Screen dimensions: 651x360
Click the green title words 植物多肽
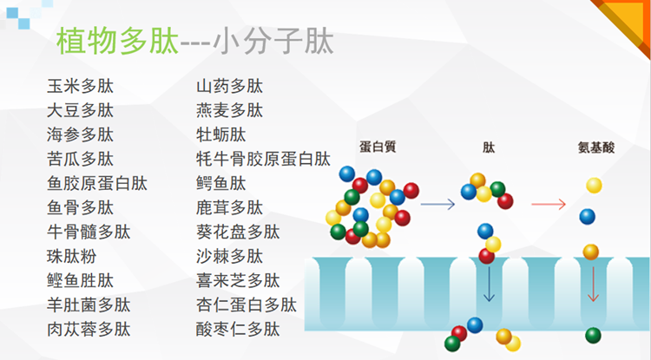click(x=117, y=41)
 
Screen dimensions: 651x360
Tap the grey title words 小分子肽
click(x=273, y=41)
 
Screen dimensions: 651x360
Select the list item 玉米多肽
click(x=80, y=86)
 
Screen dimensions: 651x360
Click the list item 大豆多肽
click(x=80, y=111)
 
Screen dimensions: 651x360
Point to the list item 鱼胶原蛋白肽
click(x=97, y=183)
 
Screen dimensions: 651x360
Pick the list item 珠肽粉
click(x=72, y=256)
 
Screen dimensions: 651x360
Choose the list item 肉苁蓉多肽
click(x=89, y=330)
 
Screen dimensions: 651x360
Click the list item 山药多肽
click(x=230, y=86)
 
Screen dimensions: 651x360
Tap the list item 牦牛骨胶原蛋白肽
click(x=263, y=160)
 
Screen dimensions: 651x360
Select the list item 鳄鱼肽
click(x=221, y=183)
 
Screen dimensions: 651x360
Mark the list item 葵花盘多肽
click(x=238, y=232)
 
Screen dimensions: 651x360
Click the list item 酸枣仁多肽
click(x=238, y=330)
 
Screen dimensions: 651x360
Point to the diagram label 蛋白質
click(x=378, y=147)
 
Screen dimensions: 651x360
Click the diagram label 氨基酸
click(x=596, y=147)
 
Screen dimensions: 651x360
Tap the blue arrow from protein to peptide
click(x=437, y=204)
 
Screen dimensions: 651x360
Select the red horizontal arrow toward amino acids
click(x=549, y=204)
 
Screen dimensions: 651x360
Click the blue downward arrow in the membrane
click(x=489, y=285)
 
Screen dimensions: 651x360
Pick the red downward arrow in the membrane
click(x=593, y=285)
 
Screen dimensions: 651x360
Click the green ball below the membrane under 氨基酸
click(x=594, y=336)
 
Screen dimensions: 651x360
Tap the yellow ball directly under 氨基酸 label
click(x=594, y=186)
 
